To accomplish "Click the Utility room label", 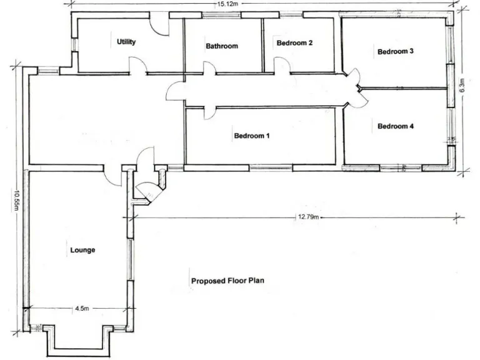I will (126, 42).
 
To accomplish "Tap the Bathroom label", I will (222, 46).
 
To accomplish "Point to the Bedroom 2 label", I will (294, 43).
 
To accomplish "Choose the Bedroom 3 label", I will (396, 52).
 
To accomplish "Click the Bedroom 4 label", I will (396, 126).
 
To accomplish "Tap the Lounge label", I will (82, 250).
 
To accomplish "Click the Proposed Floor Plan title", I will (227, 281).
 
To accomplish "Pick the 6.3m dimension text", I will (462, 86).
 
